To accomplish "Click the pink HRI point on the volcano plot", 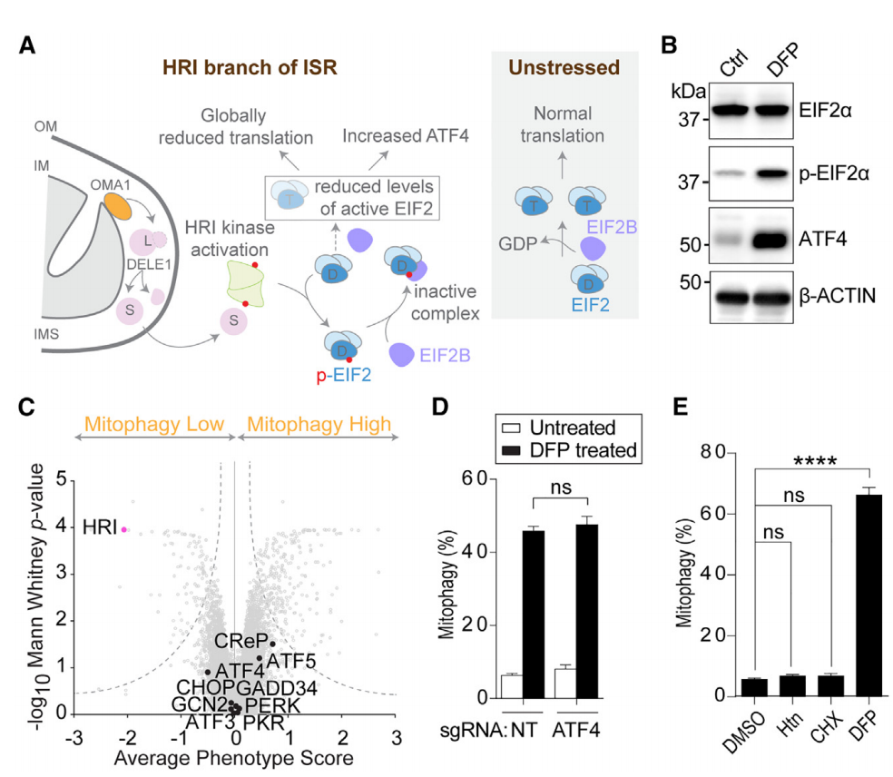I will coord(125,529).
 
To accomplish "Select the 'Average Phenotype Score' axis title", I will coord(235,756).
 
